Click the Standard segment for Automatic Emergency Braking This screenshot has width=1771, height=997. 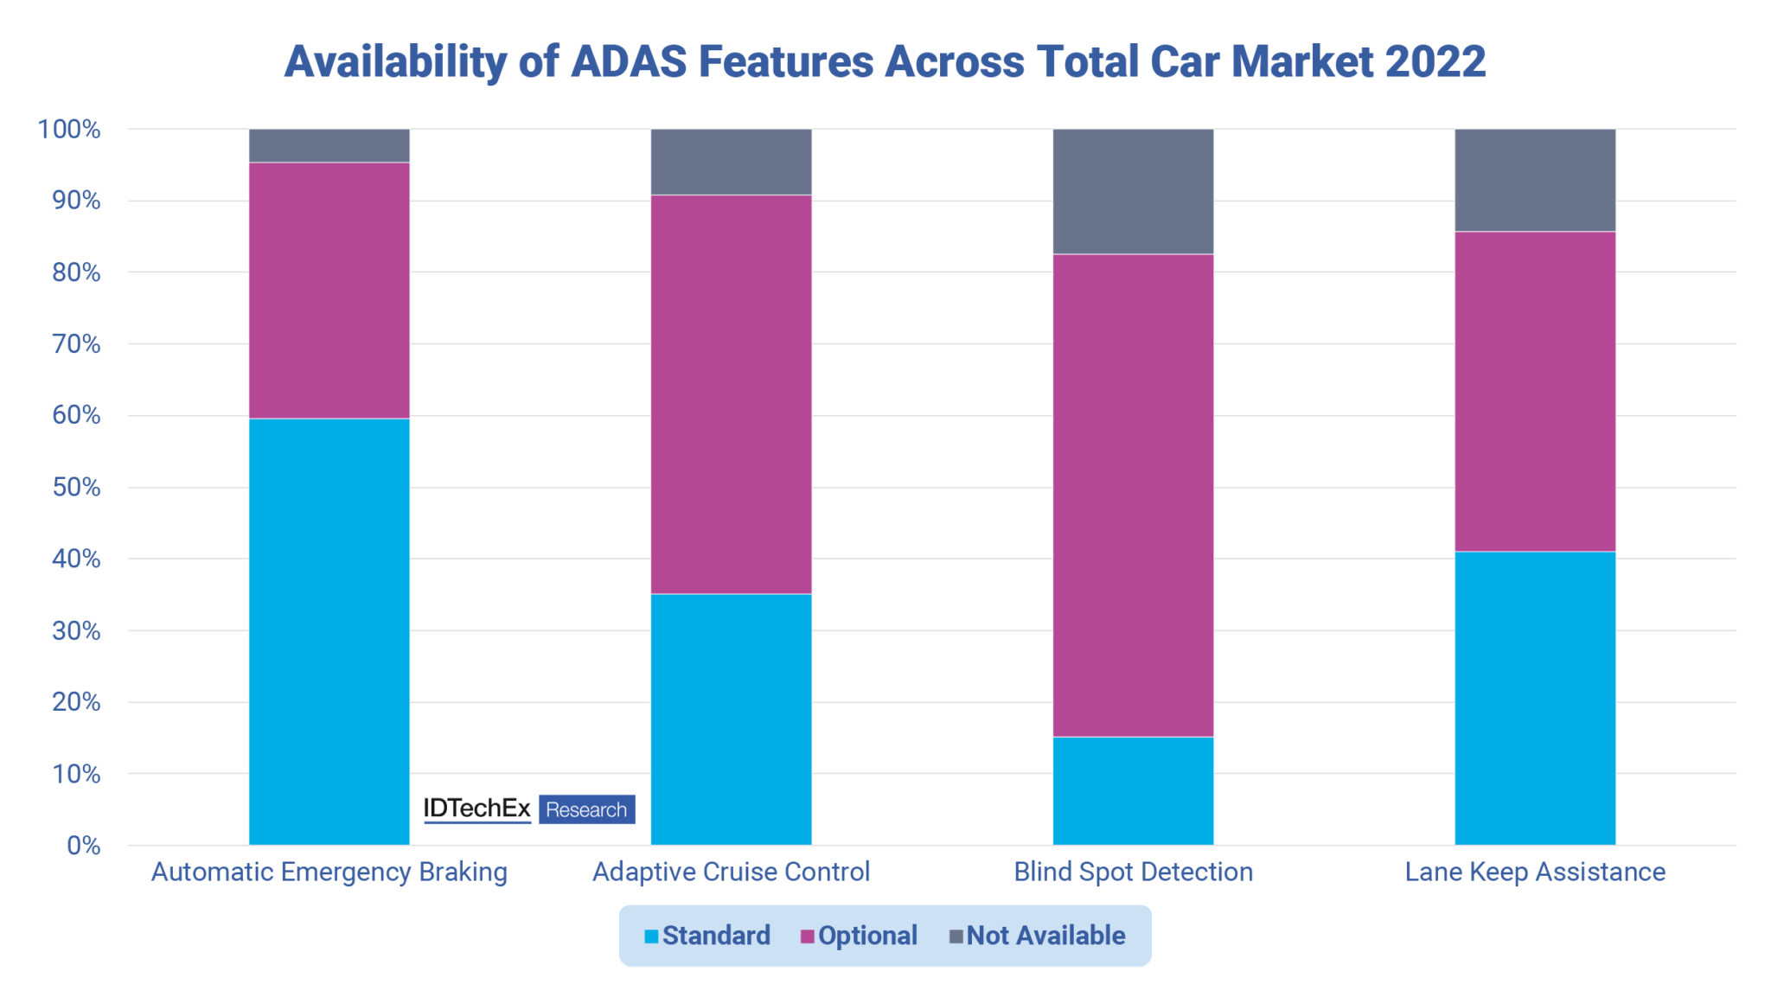329,631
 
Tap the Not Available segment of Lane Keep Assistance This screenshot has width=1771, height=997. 1535,180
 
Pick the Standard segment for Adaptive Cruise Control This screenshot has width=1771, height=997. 731,719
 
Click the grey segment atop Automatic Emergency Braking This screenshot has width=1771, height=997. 329,145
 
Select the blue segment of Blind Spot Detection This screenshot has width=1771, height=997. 1133,790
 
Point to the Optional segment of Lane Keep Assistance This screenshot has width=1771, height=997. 1535,391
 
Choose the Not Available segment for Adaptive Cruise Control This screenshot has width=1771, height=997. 731,162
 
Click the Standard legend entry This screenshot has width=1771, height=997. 707,936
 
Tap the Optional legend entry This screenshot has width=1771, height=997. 859,936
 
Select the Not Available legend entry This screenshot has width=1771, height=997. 1037,936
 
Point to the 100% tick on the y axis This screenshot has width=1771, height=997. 69,130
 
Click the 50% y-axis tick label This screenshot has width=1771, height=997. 76,488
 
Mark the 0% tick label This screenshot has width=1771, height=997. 83,846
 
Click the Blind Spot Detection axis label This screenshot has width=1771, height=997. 1133,872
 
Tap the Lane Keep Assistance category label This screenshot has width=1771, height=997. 1535,872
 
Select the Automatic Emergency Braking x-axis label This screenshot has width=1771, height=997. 329,872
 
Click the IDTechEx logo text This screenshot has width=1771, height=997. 476,808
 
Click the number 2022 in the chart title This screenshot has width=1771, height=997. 1435,61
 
